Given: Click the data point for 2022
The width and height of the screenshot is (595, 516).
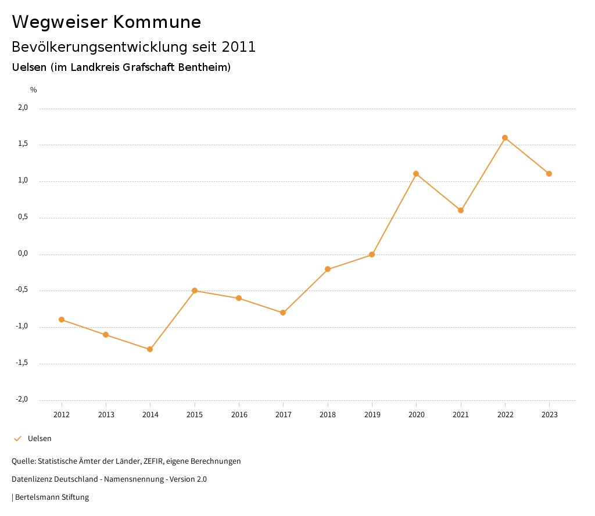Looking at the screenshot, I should coord(505,138).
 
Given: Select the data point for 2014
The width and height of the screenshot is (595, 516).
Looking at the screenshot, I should coord(150,349).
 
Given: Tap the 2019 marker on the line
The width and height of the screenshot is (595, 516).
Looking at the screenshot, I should coord(372,255).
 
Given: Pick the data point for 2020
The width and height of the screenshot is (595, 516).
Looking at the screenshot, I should coord(416,174).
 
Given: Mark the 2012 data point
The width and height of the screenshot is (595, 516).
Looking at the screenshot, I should coord(62,320).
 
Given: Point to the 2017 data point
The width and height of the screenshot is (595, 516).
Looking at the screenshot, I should coord(283,313).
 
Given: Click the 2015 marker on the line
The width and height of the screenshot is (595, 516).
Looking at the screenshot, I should coord(195,291).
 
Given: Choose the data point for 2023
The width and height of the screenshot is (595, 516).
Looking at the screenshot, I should coord(549,174).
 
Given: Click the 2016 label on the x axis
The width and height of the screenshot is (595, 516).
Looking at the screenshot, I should coord(239,414).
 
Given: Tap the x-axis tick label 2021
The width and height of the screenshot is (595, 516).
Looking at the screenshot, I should coord(461,414).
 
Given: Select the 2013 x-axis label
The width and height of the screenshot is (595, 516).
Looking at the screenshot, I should coord(106,414).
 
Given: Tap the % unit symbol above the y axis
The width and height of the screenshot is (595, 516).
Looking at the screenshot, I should coord(34,90).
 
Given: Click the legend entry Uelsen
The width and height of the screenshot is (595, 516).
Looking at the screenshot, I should coord(40,439).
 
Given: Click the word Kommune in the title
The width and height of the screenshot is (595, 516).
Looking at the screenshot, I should coord(157,22).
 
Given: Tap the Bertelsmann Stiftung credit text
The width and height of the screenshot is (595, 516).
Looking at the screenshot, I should coord(52,497).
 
